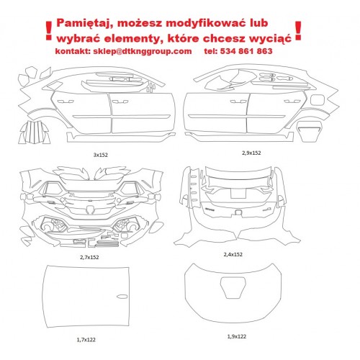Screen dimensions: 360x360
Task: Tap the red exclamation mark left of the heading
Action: click(49, 31)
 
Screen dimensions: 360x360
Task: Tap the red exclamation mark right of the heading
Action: click(298, 30)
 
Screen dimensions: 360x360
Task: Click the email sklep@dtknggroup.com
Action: click(143, 51)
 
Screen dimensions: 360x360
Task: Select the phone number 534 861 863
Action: click(246, 51)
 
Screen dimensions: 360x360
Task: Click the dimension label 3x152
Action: click(101, 155)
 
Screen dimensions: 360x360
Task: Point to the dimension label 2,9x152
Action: click(251, 153)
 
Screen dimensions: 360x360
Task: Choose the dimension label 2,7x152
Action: click(89, 257)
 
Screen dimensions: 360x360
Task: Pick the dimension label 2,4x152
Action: click(233, 254)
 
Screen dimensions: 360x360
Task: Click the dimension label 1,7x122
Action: click(86, 340)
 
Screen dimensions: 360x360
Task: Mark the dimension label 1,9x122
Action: click(237, 337)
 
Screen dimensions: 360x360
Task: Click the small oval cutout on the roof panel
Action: click(122, 297)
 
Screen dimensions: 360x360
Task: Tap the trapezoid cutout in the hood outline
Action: click(233, 288)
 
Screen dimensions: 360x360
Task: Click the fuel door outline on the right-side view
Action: click(318, 100)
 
